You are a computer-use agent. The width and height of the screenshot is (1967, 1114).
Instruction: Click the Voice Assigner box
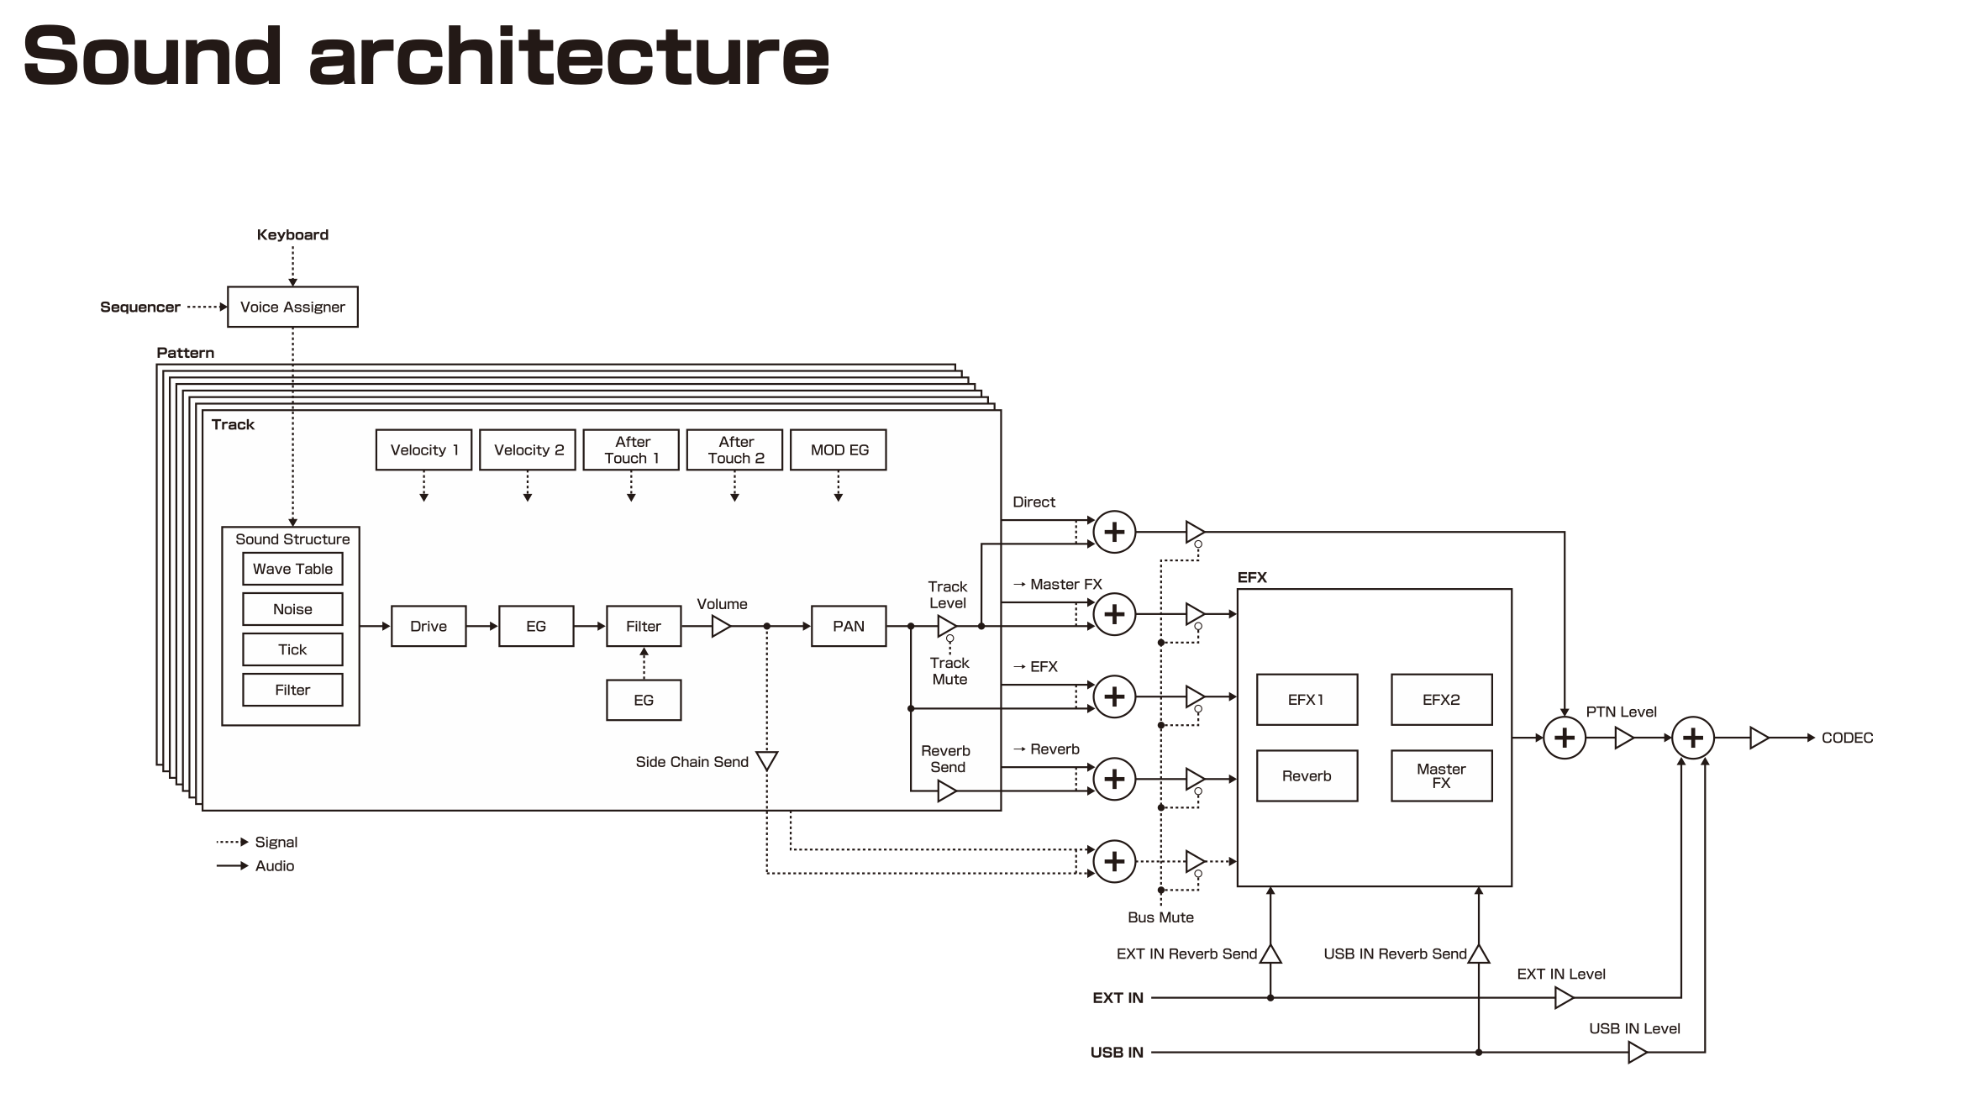tap(292, 307)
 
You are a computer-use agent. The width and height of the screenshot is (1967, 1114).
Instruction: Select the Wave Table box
tap(292, 569)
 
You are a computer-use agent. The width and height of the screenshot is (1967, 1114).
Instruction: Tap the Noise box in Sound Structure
tap(292, 609)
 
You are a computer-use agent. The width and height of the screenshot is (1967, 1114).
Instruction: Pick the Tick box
tap(292, 649)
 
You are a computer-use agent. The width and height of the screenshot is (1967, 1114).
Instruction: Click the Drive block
tap(429, 626)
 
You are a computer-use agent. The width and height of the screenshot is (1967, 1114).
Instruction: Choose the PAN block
tap(849, 626)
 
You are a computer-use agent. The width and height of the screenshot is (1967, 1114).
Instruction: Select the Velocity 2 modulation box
tap(528, 449)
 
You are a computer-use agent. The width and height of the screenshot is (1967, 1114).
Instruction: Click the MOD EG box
tap(839, 449)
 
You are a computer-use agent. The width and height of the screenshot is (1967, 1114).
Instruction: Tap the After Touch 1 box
tap(631, 449)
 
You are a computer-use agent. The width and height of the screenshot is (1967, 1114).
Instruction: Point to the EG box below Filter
tap(644, 700)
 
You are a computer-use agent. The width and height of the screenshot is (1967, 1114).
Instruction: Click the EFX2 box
tap(1442, 699)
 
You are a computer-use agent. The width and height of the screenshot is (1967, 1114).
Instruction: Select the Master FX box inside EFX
tap(1442, 775)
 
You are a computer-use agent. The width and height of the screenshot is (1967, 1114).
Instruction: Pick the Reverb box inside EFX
tap(1307, 775)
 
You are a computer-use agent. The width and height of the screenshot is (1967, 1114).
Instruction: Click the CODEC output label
tap(1847, 738)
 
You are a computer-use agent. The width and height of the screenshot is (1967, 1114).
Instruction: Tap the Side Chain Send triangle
tap(766, 760)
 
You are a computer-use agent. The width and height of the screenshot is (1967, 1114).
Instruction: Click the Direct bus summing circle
tap(1114, 532)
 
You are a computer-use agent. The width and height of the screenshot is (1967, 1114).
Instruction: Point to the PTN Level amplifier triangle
tap(1624, 738)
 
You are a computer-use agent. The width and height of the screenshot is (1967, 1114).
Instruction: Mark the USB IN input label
tap(1117, 1052)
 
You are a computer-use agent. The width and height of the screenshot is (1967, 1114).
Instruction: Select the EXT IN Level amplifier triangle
tap(1564, 997)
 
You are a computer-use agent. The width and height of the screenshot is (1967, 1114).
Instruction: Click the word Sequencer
tap(139, 307)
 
